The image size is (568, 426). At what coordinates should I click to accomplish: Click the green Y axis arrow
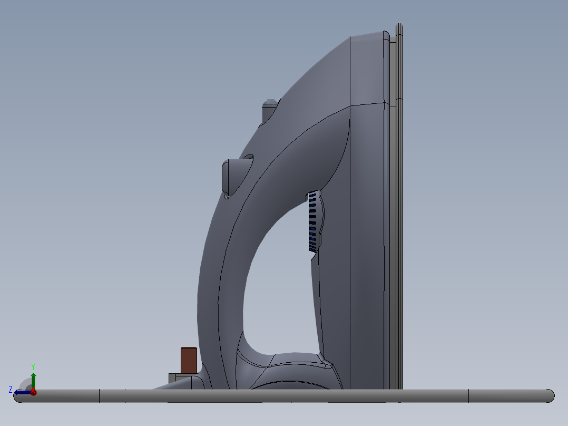tap(33, 379)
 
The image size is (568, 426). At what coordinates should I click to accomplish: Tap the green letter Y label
tap(33, 366)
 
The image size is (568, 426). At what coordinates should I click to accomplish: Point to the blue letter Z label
tap(11, 389)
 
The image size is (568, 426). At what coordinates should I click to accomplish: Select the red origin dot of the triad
tap(33, 392)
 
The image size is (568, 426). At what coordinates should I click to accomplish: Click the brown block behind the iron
tap(189, 360)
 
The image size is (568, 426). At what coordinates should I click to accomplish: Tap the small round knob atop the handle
tap(269, 110)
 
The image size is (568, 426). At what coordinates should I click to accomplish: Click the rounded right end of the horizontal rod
tap(549, 396)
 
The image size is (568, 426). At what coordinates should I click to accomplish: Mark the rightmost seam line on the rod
tap(468, 396)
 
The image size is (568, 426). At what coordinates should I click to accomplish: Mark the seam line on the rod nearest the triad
tap(100, 396)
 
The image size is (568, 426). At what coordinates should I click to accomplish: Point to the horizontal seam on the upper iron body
tap(369, 104)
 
